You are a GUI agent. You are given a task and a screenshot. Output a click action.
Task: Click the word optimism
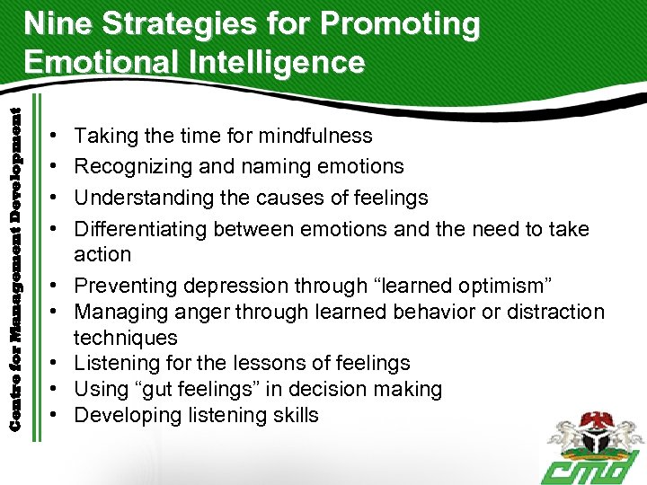point(497,286)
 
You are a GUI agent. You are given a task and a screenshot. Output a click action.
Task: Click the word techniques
point(126,338)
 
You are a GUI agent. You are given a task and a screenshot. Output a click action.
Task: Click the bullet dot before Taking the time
point(56,137)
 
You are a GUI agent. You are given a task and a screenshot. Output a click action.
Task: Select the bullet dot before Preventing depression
point(56,287)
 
